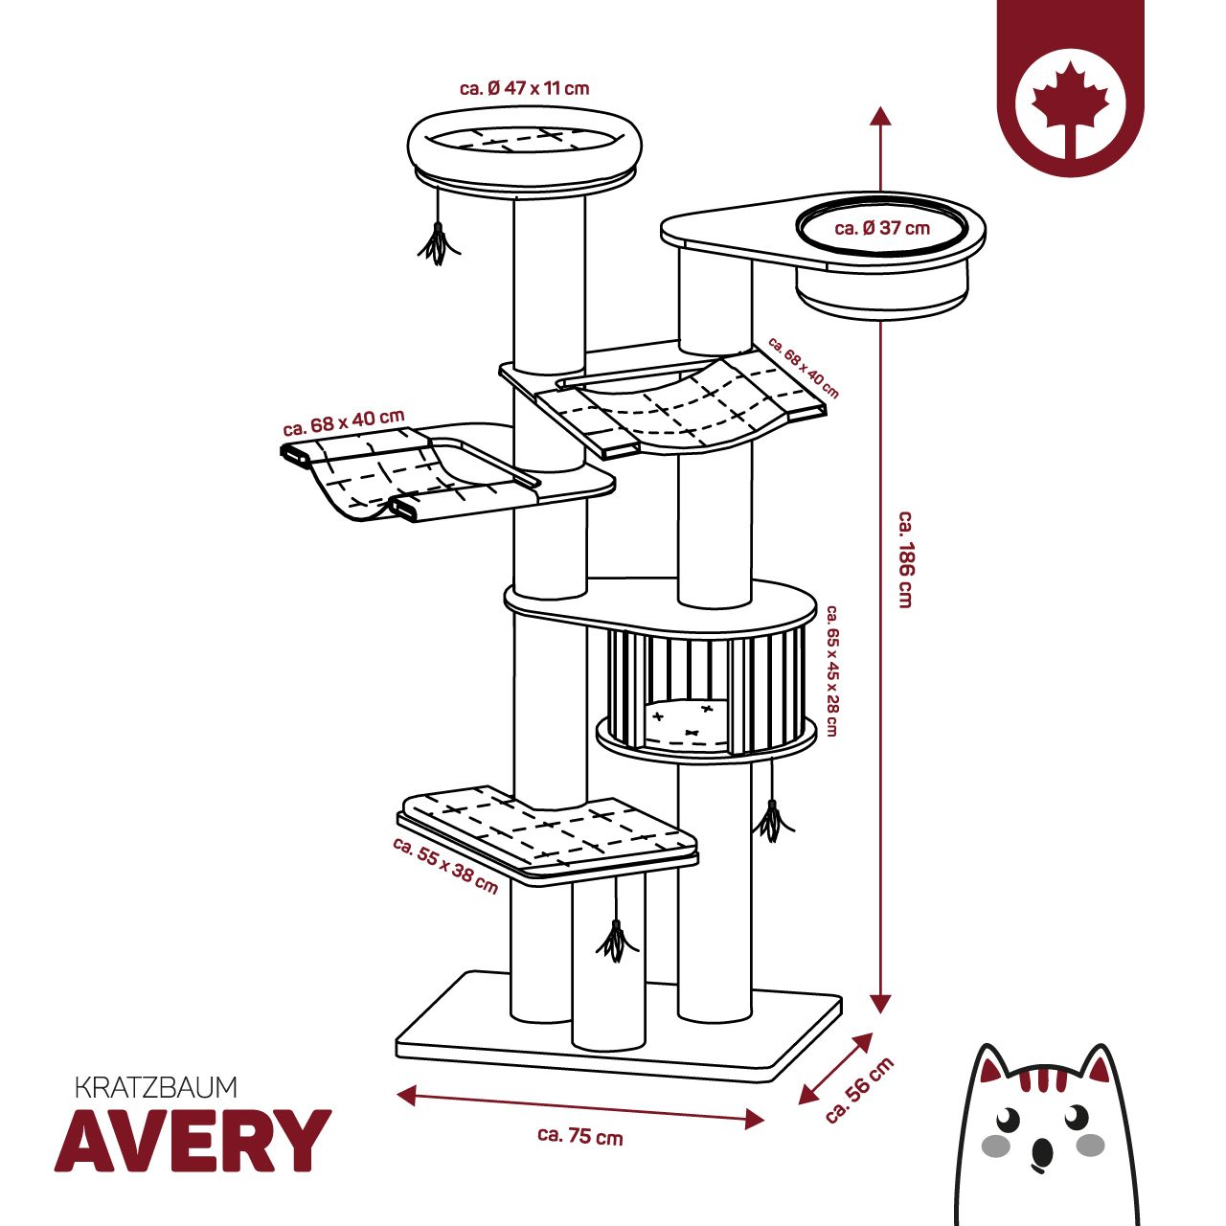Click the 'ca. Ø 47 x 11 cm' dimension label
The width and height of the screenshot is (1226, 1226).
point(524,88)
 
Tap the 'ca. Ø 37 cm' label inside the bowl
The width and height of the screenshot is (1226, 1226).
point(882,228)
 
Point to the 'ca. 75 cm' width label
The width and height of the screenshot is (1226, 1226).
point(580,1136)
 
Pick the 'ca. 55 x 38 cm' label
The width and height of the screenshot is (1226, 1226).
point(445,866)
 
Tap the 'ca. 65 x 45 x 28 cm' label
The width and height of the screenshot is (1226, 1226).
point(831,670)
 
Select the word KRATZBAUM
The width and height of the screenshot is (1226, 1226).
point(156,1087)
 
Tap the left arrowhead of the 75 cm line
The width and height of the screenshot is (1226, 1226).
point(406,1094)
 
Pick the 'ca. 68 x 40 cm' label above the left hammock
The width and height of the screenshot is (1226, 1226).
point(344,422)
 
